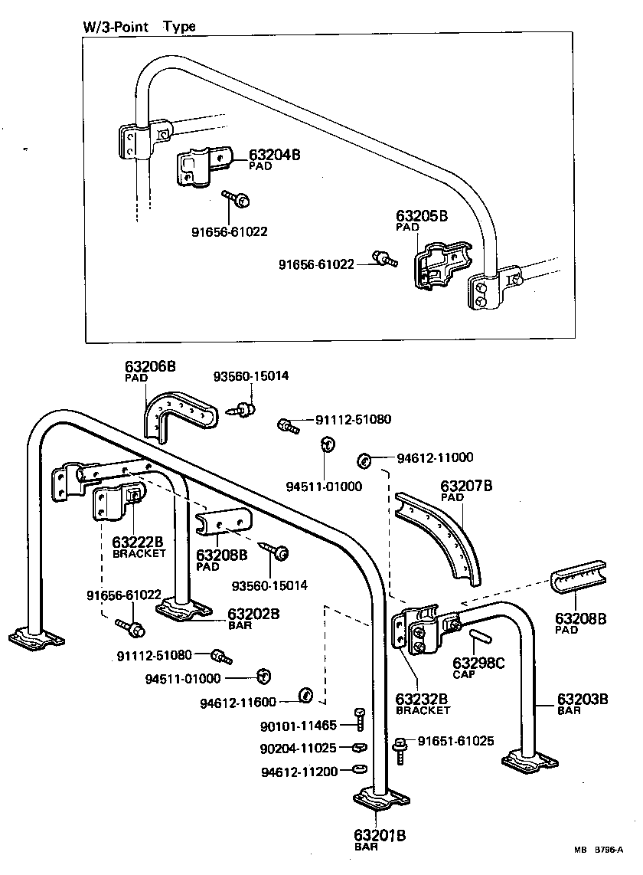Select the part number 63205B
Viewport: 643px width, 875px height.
click(x=421, y=216)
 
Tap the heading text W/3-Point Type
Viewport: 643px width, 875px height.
click(x=139, y=26)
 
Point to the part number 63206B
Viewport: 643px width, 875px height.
click(x=150, y=367)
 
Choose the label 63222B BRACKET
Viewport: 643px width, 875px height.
click(x=139, y=547)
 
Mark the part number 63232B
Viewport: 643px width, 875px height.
click(x=421, y=700)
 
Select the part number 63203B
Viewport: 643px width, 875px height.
click(x=582, y=699)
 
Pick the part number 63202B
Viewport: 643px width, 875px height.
click(x=253, y=614)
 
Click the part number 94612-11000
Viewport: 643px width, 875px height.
click(x=434, y=458)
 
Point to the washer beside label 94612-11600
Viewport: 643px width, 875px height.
click(x=304, y=696)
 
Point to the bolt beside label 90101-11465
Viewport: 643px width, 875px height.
click(x=360, y=718)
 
